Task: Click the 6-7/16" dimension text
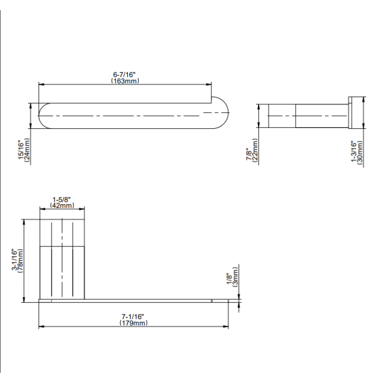[124, 74]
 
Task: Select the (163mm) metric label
[125, 81]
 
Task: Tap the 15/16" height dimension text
[21, 149]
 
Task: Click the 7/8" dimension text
[249, 154]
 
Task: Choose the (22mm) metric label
[255, 150]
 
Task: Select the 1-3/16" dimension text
[354, 151]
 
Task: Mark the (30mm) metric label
[360, 153]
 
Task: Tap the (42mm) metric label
[62, 206]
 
